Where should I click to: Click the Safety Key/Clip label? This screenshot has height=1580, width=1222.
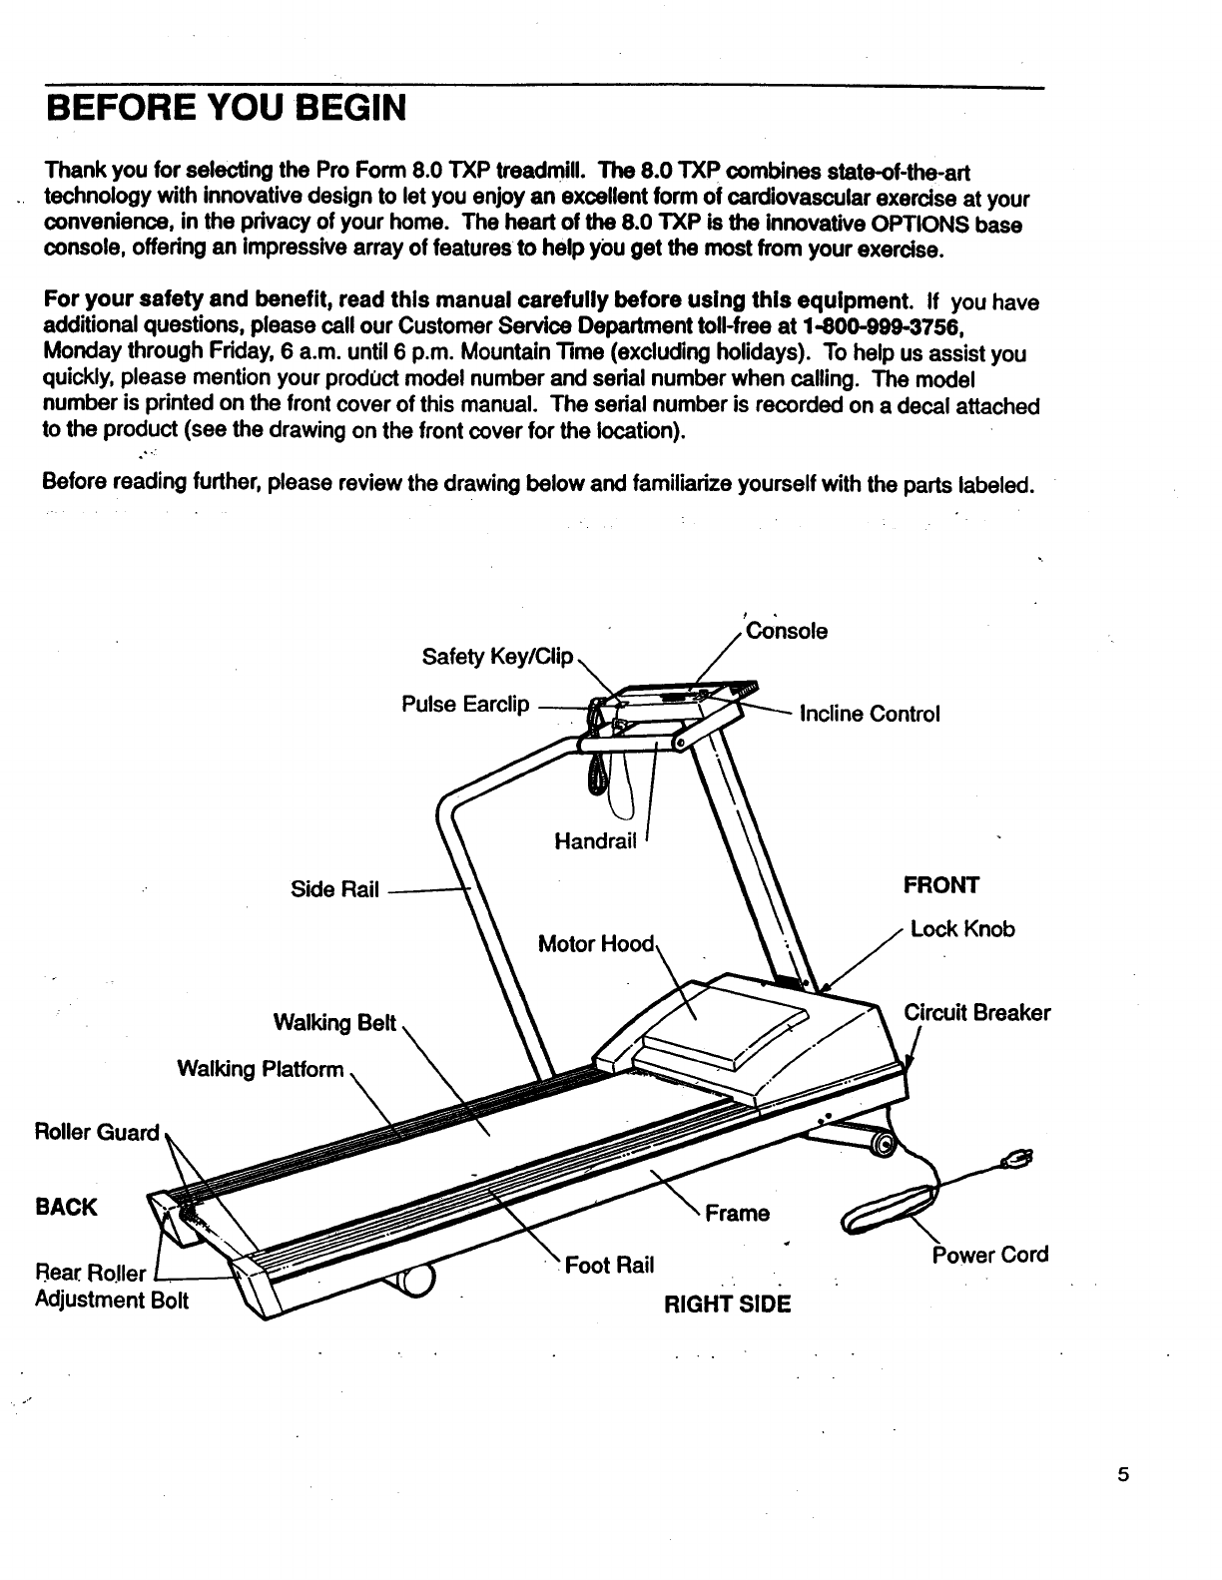click(497, 657)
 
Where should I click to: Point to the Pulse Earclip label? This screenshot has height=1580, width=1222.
click(465, 705)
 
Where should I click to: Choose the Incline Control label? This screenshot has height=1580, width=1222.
click(870, 714)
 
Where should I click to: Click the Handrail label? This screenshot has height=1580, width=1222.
click(595, 841)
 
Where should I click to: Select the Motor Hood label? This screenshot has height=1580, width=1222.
click(595, 944)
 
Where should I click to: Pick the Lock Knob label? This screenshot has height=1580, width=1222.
click(962, 929)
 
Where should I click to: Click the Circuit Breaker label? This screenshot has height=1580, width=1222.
click(976, 1013)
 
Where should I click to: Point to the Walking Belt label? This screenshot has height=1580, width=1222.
click(334, 1023)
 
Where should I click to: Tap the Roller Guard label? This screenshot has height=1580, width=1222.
click(97, 1132)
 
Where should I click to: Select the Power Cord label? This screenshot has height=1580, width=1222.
click(990, 1255)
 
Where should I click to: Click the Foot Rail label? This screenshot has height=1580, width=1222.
click(609, 1266)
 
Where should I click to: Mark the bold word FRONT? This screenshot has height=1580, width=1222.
click(941, 885)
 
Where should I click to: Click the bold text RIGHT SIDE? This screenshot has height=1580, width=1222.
click(728, 1304)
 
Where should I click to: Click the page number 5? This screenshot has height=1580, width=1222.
click(1123, 1476)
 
